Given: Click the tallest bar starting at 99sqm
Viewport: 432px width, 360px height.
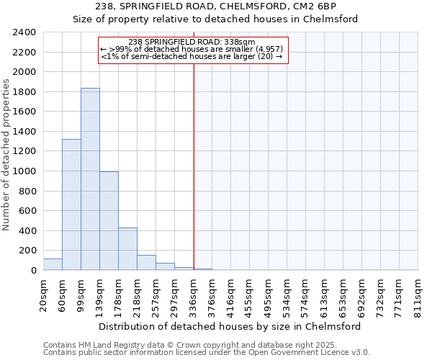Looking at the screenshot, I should (x=90, y=179).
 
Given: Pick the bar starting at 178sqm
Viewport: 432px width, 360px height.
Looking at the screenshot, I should (x=127, y=249).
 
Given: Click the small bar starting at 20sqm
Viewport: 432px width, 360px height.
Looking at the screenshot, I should (x=53, y=264).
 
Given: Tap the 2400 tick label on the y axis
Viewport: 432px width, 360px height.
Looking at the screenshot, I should (x=24, y=32).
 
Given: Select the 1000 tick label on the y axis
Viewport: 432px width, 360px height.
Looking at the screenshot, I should (x=24, y=171).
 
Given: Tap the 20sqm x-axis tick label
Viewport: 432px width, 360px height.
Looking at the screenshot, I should (x=44, y=294).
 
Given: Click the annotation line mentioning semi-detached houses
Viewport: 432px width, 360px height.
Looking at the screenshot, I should (x=192, y=56).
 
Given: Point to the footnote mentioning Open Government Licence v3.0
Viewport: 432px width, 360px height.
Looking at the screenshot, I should (x=207, y=353).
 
